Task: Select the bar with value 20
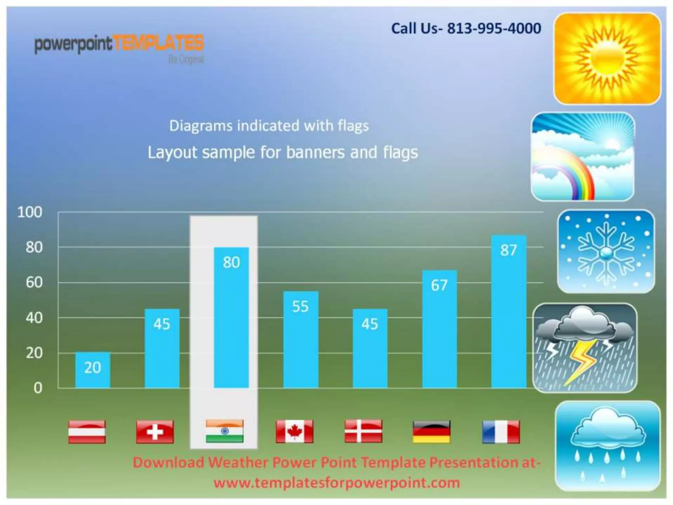93,370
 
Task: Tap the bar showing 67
439,329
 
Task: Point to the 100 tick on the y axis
30,212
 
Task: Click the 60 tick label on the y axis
34,283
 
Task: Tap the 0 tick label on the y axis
38,388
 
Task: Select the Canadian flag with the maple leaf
294,431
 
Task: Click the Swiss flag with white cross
155,432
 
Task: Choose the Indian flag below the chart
225,431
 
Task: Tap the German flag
431,432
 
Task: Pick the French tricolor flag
501,432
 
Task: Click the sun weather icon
607,59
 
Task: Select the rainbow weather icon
583,156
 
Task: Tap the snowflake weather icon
606,252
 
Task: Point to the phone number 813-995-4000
494,29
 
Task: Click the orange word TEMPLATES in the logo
158,43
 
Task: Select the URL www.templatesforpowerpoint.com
336,483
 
